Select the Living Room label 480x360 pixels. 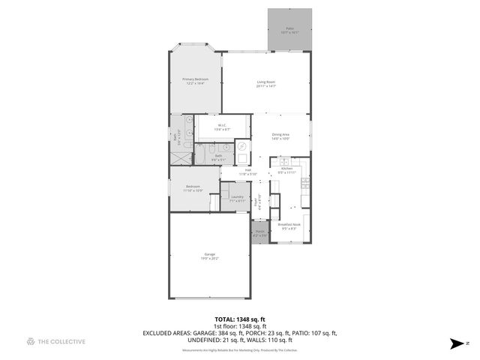(266, 84)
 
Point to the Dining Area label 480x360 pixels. (280, 136)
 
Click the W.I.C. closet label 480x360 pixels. (222, 127)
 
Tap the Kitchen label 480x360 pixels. (286, 170)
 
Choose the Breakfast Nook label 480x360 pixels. (289, 226)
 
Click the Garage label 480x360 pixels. (210, 256)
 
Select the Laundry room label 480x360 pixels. (237, 199)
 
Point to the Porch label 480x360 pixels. (260, 233)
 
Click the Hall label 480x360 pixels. (247, 172)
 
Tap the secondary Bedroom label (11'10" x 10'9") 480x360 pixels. (193, 188)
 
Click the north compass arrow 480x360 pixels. (455, 343)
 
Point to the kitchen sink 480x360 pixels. (285, 161)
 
